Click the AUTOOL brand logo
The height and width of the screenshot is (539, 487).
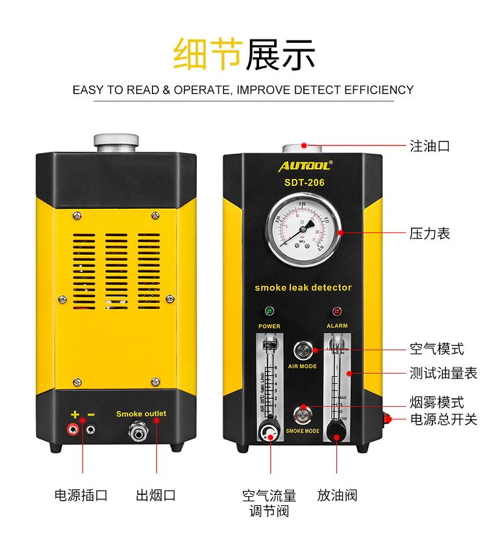pyautogui.click(x=305, y=166)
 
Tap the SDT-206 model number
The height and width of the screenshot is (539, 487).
pyautogui.click(x=304, y=183)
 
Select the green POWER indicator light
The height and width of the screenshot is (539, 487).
pyautogui.click(x=269, y=312)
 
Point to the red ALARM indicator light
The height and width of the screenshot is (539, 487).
pyautogui.click(x=337, y=312)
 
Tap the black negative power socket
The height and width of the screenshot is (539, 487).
pyautogui.click(x=92, y=428)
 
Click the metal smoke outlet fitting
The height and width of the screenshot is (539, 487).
pyautogui.click(x=141, y=431)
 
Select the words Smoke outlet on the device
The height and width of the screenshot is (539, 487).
pyautogui.click(x=141, y=414)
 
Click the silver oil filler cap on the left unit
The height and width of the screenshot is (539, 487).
pyautogui.click(x=116, y=140)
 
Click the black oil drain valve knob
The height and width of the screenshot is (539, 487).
pyautogui.click(x=336, y=429)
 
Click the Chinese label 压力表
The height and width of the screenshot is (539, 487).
pyautogui.click(x=429, y=233)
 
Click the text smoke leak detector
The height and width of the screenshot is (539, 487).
pyautogui.click(x=303, y=287)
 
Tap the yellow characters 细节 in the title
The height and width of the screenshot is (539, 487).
pyautogui.click(x=208, y=53)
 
